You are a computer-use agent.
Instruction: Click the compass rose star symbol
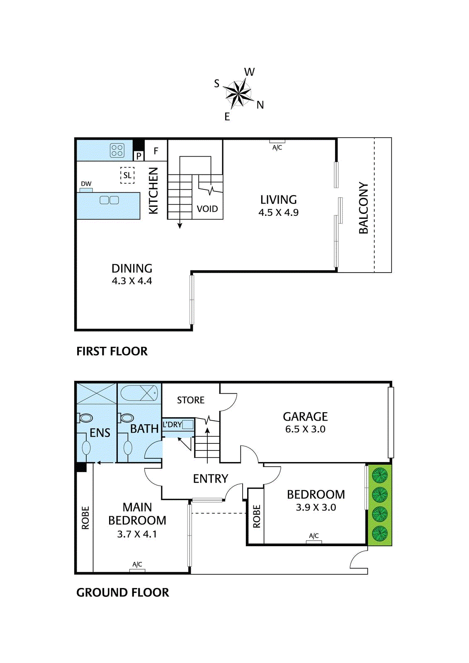point(238,93)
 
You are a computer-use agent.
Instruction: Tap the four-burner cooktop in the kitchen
point(117,150)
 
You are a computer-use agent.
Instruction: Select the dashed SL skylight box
point(127,175)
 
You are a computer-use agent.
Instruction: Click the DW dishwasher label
point(86,184)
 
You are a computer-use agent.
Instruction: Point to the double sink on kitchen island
point(109,200)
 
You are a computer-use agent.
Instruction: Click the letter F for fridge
point(156,151)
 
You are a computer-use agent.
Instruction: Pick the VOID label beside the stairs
point(207,209)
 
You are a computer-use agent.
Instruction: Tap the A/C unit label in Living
point(277,148)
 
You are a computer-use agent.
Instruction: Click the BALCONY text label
point(364,208)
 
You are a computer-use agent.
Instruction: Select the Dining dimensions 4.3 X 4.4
point(132,281)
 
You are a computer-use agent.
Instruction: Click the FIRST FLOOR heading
point(112,351)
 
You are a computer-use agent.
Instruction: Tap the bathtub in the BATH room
point(139,393)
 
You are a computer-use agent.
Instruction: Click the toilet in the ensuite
point(85,418)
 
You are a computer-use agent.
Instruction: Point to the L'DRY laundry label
point(172,424)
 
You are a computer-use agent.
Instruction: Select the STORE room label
point(191,400)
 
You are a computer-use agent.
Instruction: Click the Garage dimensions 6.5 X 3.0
point(305,429)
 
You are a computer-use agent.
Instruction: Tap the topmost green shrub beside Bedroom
point(379,475)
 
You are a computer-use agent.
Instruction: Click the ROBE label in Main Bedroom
point(85,518)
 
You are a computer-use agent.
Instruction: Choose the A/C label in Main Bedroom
point(137,564)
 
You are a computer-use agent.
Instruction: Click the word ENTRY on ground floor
point(211,479)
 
